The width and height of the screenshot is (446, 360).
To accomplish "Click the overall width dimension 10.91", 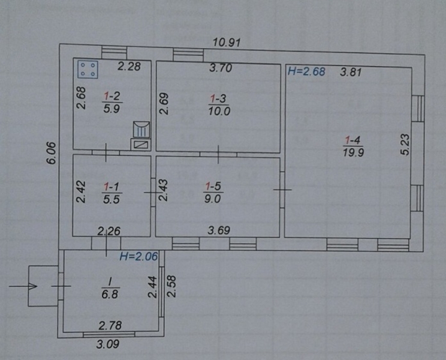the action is click(x=227, y=43).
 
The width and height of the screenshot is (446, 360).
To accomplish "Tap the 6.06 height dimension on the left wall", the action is click(x=52, y=153).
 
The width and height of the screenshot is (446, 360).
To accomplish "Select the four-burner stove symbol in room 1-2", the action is click(x=88, y=69).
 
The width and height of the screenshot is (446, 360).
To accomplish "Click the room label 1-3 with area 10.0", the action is click(x=219, y=105).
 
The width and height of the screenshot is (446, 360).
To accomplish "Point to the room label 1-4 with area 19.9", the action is click(x=353, y=146).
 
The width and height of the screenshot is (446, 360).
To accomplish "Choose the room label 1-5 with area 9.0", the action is click(x=213, y=192).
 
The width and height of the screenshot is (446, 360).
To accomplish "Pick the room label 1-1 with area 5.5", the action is click(x=111, y=193).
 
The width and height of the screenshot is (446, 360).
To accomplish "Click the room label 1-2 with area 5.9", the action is click(x=112, y=102).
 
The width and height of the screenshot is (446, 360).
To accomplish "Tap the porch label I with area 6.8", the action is click(x=110, y=289).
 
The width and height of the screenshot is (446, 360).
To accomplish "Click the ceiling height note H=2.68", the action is click(x=306, y=71).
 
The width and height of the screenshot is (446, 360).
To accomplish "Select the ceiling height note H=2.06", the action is click(x=138, y=256).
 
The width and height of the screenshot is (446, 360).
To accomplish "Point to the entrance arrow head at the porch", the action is click(x=33, y=286).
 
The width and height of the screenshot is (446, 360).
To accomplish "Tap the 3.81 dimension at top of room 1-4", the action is click(x=351, y=72).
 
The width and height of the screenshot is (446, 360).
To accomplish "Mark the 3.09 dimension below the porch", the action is click(x=107, y=344).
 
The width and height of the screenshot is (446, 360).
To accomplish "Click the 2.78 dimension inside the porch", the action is click(x=110, y=325).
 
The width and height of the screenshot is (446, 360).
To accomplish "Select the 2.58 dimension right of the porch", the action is click(x=171, y=286).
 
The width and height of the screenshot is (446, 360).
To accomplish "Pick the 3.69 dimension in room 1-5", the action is click(x=219, y=230).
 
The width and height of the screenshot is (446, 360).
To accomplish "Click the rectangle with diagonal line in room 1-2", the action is click(x=141, y=144).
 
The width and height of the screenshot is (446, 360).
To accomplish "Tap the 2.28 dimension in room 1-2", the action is click(x=129, y=67).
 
